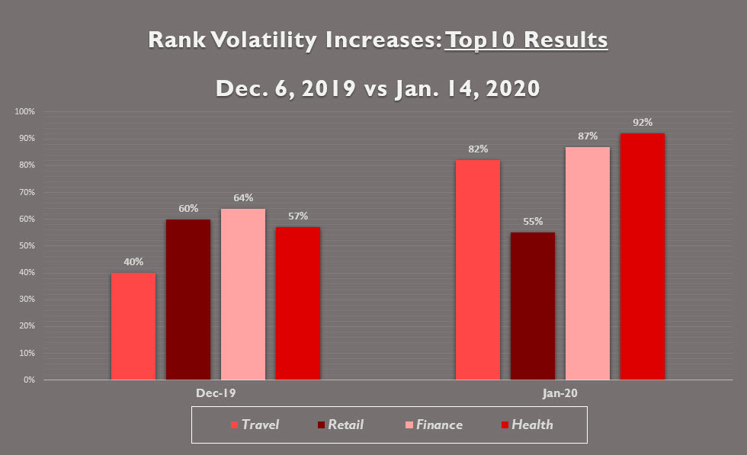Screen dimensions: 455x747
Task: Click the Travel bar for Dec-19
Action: [133, 326]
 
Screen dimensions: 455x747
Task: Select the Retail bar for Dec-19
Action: [188, 300]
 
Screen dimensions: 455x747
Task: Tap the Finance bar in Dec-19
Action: [243, 294]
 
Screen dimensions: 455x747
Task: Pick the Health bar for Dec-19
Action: [297, 303]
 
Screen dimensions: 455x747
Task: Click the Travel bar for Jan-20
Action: [477, 270]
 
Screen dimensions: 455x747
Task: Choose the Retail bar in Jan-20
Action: [532, 306]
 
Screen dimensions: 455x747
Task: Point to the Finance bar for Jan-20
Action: [587, 263]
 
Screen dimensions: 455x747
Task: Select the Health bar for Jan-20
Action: [642, 257]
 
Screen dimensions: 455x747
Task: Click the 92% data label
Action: [642, 122]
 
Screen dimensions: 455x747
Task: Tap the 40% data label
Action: [133, 261]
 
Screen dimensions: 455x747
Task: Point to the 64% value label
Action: [243, 197]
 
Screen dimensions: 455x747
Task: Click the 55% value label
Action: [533, 221]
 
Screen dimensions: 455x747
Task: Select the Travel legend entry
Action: [255, 425]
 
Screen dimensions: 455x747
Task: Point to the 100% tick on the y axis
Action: [25, 112]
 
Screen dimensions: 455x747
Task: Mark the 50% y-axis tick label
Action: [27, 246]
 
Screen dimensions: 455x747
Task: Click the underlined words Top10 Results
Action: [526, 40]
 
